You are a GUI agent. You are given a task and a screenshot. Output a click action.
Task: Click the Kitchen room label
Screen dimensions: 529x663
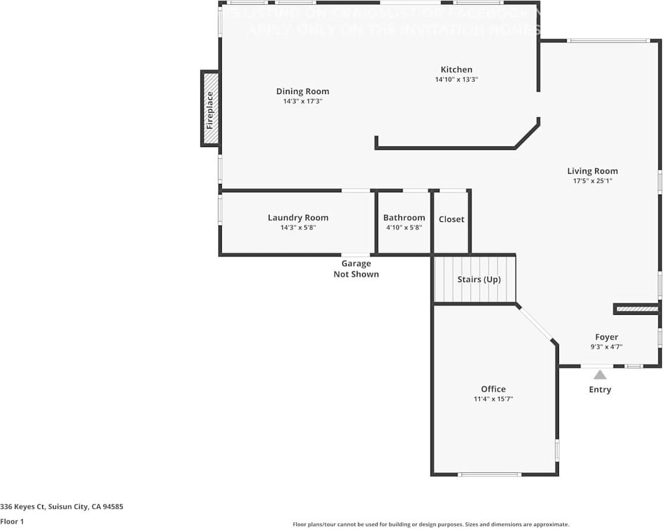456,70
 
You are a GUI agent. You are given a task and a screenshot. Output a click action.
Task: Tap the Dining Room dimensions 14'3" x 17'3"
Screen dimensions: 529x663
302,102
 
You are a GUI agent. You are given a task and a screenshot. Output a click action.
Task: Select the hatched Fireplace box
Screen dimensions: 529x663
210,108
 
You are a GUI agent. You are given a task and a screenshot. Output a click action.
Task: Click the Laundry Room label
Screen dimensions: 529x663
298,218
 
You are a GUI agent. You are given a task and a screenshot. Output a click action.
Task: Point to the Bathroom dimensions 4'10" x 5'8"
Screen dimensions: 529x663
404,227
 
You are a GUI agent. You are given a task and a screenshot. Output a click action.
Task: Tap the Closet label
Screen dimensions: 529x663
451,220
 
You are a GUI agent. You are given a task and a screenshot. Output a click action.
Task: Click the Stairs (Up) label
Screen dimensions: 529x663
479,279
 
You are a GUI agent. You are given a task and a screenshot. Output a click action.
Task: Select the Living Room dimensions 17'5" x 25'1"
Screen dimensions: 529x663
592,181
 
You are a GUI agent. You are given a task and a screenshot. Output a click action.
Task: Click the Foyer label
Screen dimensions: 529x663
607,337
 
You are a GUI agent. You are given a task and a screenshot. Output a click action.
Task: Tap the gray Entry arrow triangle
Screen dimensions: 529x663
600,375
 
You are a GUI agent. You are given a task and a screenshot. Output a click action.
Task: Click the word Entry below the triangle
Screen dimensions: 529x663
600,390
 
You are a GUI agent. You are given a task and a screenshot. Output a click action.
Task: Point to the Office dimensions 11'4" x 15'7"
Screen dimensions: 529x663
493,399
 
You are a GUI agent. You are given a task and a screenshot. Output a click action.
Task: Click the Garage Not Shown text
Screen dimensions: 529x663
356,269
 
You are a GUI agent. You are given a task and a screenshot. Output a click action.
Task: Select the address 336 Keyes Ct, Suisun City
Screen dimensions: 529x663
62,507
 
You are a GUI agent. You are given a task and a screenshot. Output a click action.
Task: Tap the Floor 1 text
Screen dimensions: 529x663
12,521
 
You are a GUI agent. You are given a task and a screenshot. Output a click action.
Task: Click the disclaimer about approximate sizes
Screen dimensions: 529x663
431,524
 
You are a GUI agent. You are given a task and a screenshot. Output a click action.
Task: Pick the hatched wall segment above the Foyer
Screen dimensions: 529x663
636,309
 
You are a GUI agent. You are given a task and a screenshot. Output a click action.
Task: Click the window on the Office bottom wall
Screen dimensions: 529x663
490,474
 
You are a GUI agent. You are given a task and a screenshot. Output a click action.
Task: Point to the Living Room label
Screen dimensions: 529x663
592,171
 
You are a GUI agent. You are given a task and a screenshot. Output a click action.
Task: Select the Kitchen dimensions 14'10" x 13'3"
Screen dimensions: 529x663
456,79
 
